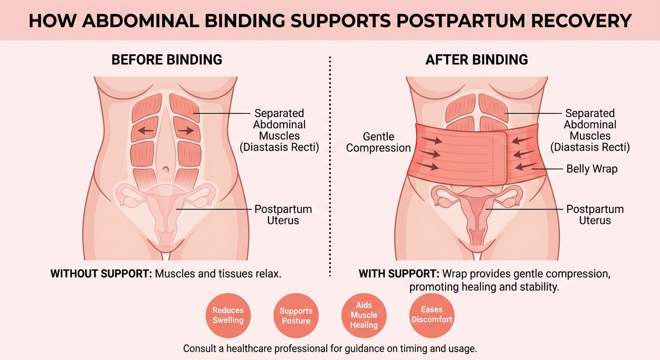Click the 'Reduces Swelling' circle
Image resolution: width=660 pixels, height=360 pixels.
(x=228, y=315)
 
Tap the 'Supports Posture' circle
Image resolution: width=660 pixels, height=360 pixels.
(x=296, y=316)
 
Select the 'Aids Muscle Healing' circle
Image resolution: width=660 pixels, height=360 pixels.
(x=364, y=315)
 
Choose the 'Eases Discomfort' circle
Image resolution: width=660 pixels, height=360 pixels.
(x=432, y=315)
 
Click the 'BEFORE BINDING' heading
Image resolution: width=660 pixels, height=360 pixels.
(x=166, y=60)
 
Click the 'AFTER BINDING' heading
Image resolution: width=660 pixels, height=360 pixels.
(x=476, y=60)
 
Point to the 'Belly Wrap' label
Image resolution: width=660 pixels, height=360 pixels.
(x=592, y=169)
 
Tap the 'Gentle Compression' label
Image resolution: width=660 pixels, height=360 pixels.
(x=379, y=142)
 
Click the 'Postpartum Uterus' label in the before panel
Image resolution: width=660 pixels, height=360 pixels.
(x=283, y=215)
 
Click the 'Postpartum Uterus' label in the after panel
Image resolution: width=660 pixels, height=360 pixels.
(x=595, y=215)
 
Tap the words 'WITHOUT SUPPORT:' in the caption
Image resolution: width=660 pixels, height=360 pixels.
(x=101, y=274)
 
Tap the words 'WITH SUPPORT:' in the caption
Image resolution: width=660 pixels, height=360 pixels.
(x=399, y=274)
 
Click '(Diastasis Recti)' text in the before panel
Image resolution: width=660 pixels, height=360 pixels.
(x=279, y=147)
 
